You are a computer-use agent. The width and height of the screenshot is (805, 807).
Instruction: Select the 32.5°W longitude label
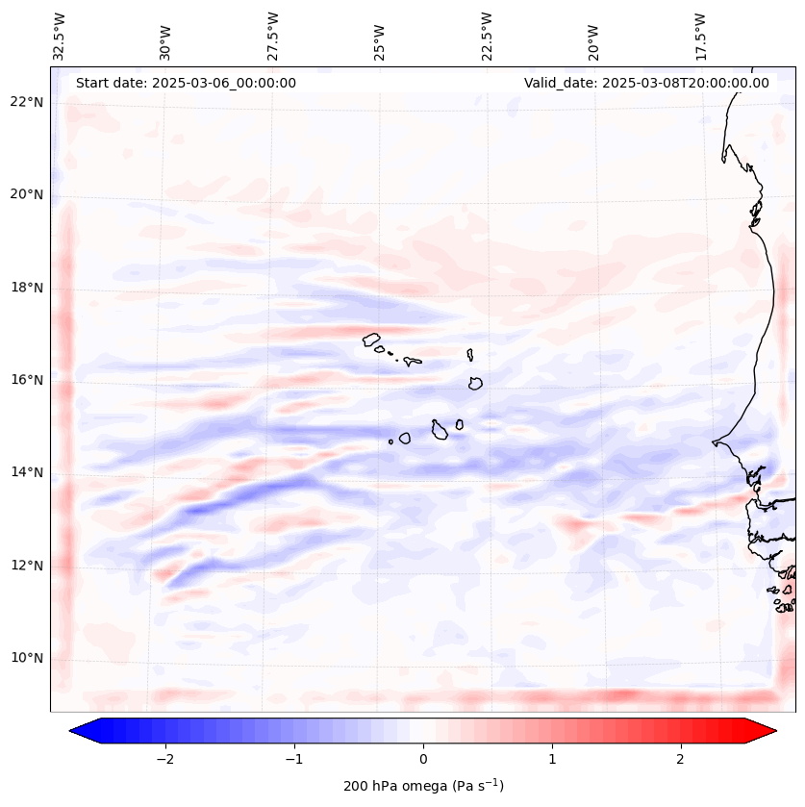tap(60, 37)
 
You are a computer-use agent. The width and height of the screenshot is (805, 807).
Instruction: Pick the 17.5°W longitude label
tap(700, 37)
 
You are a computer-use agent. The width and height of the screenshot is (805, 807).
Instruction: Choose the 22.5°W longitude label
tap(487, 37)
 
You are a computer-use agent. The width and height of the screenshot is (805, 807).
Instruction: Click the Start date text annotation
tap(186, 83)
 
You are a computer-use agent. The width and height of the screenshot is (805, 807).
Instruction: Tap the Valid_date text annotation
tap(646, 83)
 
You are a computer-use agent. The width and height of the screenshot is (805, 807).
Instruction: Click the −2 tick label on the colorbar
tap(164, 759)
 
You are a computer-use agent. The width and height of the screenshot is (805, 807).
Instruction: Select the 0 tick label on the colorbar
tap(423, 759)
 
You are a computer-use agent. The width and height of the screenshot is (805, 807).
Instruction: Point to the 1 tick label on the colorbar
tap(552, 759)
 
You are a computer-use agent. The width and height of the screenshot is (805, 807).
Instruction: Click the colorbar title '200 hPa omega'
tap(423, 786)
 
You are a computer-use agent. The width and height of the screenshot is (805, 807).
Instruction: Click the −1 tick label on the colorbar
tap(293, 759)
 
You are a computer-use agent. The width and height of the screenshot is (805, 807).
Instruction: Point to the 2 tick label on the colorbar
tap(681, 759)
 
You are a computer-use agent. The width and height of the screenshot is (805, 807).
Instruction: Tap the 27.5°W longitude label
tap(273, 37)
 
